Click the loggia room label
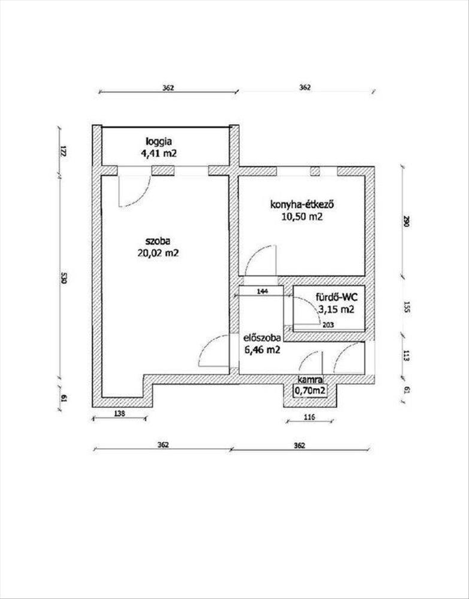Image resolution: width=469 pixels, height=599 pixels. click(x=158, y=141)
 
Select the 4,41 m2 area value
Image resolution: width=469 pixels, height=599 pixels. click(x=159, y=153)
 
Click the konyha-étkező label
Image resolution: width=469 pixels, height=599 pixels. click(x=302, y=205)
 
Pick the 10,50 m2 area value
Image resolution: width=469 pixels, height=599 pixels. click(x=302, y=217)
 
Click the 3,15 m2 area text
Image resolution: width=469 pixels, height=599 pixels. click(x=335, y=310)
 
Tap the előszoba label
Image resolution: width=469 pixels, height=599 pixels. click(x=263, y=338)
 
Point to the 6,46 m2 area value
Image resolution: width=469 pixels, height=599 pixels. click(x=262, y=349)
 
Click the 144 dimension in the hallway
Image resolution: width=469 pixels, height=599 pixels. click(x=262, y=291)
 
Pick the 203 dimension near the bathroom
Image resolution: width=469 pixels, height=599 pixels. click(x=328, y=325)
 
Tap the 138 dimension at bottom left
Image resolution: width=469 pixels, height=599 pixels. click(x=119, y=413)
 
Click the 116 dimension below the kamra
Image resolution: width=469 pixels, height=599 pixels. click(x=310, y=418)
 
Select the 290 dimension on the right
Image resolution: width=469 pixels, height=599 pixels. click(x=406, y=222)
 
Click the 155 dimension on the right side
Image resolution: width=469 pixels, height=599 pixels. click(x=406, y=308)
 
